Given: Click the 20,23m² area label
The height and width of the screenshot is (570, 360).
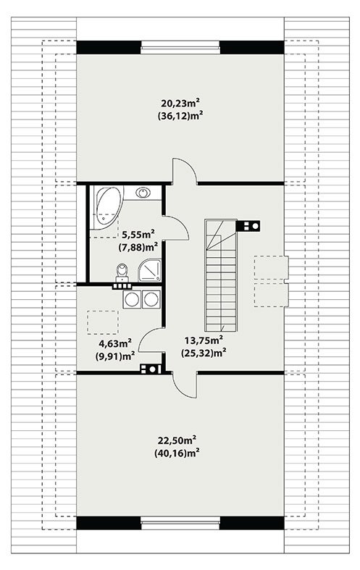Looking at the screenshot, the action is pos(182,104).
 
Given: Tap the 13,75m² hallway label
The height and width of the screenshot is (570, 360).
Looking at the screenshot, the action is pos(204,340).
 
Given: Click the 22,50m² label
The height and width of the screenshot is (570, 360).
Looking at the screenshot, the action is pos(177,440).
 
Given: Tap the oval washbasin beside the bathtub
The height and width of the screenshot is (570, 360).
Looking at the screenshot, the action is pos(143,193).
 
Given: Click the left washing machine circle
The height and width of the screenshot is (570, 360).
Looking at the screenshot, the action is pos(132,299).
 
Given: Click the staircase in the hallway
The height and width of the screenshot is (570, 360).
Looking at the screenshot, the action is pos(221,275).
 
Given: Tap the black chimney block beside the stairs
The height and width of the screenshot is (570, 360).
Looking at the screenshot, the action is pos(248,226).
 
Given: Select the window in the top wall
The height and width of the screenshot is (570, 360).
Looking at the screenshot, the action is pos(180,47).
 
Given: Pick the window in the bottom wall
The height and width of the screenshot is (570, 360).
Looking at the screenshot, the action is pos(180,523).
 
